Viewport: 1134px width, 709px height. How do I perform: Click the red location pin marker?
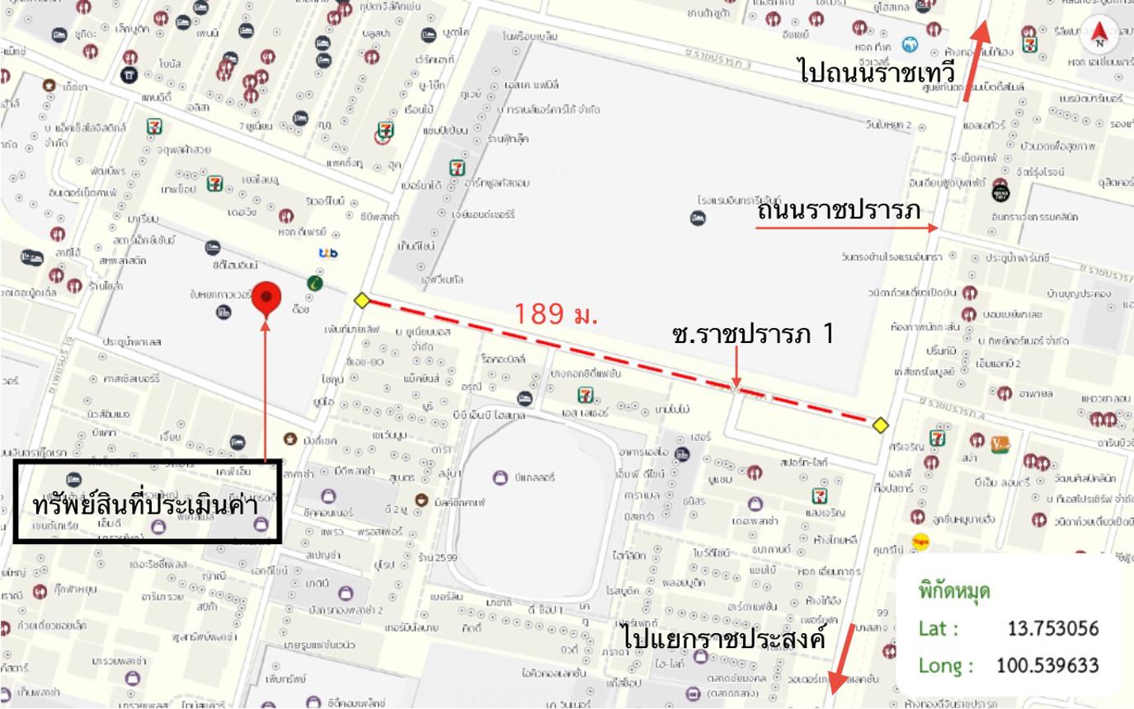coord(266,298)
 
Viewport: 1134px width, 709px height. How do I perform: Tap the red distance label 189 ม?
coord(556,313)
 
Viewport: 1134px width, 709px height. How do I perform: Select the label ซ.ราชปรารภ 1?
coord(752,334)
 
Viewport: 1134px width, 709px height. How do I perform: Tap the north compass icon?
coord(1099,35)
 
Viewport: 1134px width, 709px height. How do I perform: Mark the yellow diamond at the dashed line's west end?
coord(361,300)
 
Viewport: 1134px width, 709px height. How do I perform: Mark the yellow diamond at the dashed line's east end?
coord(881,425)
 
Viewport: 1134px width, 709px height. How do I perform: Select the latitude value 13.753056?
coord(1053,629)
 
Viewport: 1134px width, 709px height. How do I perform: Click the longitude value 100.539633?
coord(1047,665)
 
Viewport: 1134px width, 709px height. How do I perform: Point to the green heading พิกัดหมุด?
coord(954,591)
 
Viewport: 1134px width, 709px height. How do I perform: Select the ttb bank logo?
coord(328,253)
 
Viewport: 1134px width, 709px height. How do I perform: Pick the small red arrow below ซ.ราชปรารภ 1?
coord(736,368)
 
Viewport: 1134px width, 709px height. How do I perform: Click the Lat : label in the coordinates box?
coord(939,629)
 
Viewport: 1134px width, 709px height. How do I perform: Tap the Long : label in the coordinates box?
coord(945,665)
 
